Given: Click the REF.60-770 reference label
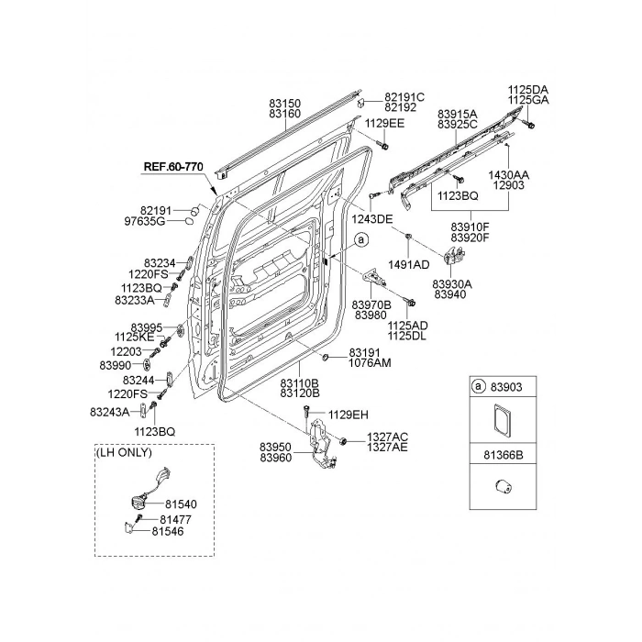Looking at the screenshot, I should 172,167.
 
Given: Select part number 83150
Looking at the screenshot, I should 285,106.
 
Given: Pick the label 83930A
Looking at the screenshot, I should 452,284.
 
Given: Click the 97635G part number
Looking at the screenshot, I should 144,222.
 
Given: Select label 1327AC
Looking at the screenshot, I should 387,437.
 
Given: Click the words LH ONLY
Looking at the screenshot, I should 124,453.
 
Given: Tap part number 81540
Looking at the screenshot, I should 181,504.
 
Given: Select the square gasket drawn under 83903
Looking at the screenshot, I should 503,418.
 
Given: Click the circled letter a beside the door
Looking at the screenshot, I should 361,240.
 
